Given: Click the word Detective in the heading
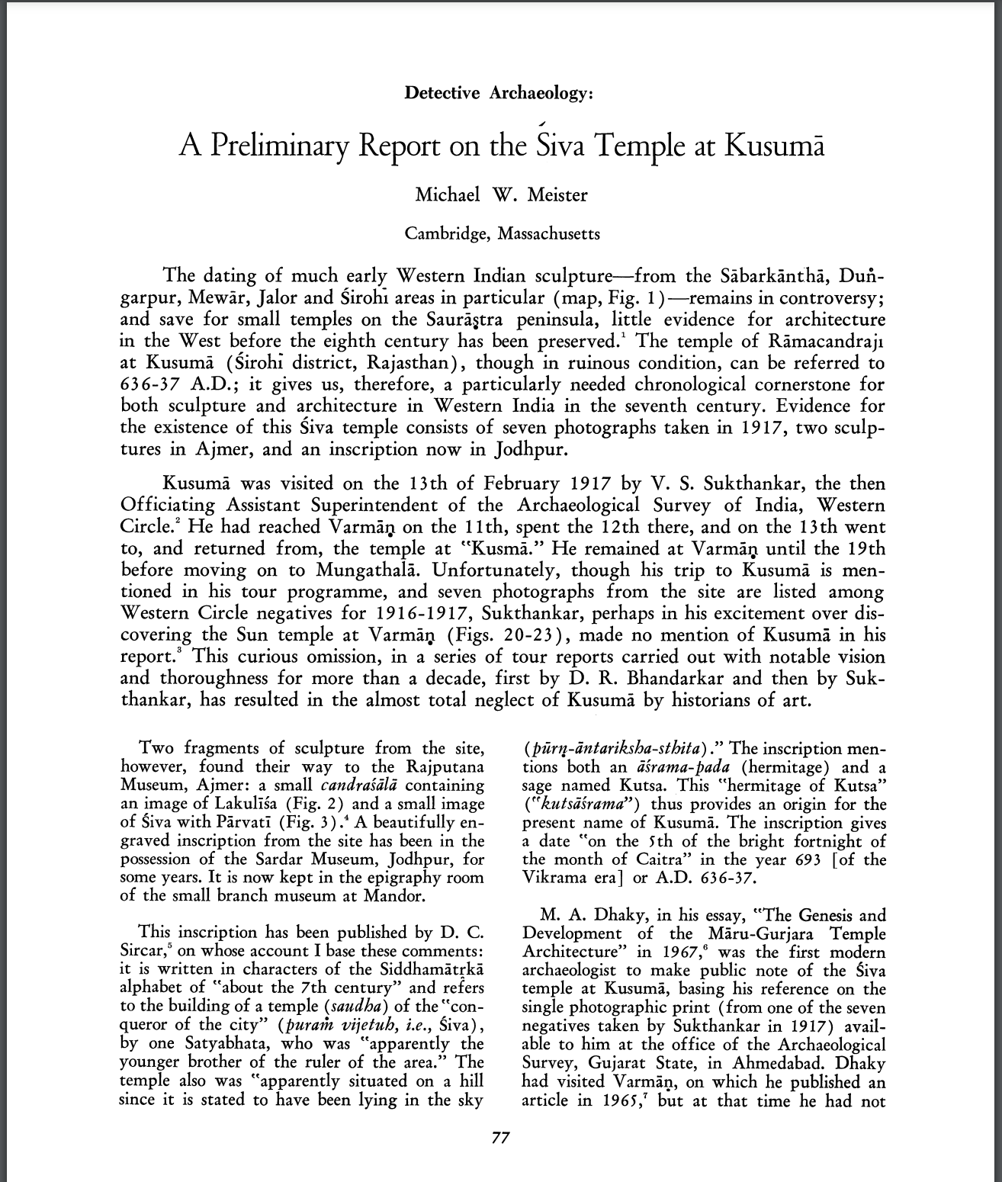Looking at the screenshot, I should pyautogui.click(x=442, y=93).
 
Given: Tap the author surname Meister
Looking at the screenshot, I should pyautogui.click(x=558, y=194).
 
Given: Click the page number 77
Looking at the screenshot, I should pyautogui.click(x=500, y=1139).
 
